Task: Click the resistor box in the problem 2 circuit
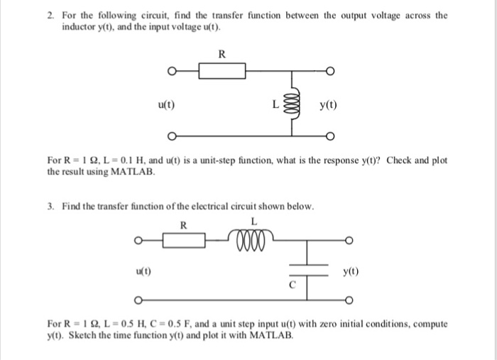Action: tap(222, 71)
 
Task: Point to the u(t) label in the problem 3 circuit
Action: tap(142, 271)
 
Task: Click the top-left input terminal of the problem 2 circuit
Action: tap(170, 71)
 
